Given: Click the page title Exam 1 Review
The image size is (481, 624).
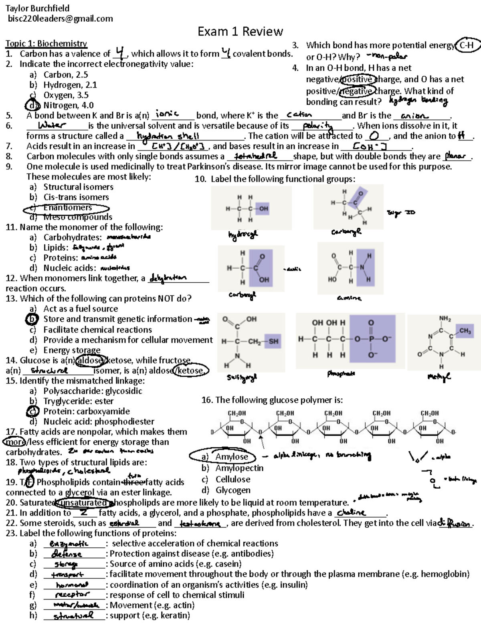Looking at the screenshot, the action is (240, 31).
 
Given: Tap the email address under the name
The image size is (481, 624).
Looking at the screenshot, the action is (60, 18).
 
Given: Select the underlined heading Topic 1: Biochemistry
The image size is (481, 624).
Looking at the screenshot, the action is (46, 44).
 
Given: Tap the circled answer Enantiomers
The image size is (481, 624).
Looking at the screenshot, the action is (67, 208).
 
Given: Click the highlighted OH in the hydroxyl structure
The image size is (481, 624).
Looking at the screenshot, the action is (263, 209).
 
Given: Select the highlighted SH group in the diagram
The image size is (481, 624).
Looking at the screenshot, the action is (273, 341).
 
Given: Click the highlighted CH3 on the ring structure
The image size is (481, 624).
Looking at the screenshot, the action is (465, 331).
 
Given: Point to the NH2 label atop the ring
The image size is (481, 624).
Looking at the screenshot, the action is (445, 319).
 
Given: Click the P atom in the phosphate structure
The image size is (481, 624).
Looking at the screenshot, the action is (371, 339).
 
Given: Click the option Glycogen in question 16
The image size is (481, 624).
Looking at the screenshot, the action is (233, 490).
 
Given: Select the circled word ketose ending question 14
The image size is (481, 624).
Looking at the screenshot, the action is (191, 370).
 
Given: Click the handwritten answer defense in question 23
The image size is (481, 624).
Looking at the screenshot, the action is (67, 554).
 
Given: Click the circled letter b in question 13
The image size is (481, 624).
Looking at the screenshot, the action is (31, 319).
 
